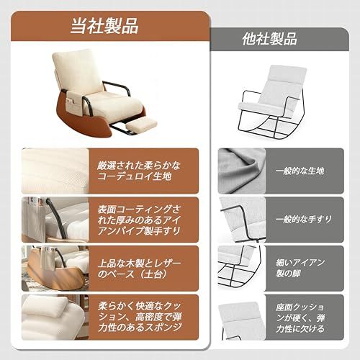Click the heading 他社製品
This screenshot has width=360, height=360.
point(271,40)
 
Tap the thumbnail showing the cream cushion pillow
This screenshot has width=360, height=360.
point(54,315)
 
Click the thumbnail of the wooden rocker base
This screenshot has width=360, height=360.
point(54,268)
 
